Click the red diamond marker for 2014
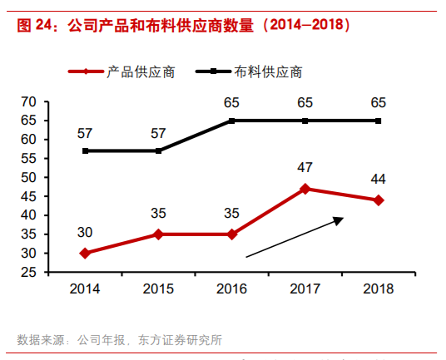click(86, 253)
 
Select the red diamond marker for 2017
click(305, 189)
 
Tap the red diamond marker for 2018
click(379, 200)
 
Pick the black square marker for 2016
click(232, 121)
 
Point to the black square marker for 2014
click(86, 150)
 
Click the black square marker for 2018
click(379, 121)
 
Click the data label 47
click(305, 168)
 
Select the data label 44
click(379, 179)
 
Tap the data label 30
click(86, 232)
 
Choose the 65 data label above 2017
click(305, 103)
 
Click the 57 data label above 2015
click(159, 133)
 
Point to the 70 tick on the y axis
click(29, 101)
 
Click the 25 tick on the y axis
click(29, 272)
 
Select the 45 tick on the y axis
click(29, 196)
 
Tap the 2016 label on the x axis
click(232, 288)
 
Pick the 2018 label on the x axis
click(379, 288)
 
